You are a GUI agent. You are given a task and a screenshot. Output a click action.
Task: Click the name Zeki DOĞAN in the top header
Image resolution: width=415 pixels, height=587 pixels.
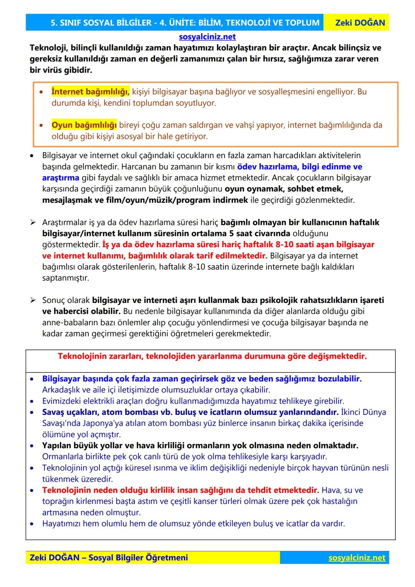360,23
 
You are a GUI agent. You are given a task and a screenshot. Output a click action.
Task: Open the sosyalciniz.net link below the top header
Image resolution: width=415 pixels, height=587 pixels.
207,37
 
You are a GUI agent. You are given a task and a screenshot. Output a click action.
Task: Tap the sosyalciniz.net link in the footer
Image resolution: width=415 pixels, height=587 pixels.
357,557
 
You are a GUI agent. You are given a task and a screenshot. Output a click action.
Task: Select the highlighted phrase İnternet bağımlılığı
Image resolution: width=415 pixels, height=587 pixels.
91,92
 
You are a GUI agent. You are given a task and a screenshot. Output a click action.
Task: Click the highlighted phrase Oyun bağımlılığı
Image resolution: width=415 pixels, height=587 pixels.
84,125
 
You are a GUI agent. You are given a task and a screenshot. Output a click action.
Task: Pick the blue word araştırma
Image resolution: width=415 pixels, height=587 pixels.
61,178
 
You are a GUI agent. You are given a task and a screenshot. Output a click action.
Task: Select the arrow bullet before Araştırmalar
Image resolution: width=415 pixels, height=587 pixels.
33,223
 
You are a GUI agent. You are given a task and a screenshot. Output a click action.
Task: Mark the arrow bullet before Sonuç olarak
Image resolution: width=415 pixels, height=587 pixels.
33,300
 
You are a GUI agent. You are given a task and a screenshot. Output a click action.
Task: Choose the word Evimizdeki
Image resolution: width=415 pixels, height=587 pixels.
61,401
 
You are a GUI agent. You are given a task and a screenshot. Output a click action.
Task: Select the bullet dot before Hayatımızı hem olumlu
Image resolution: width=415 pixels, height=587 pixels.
33,524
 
